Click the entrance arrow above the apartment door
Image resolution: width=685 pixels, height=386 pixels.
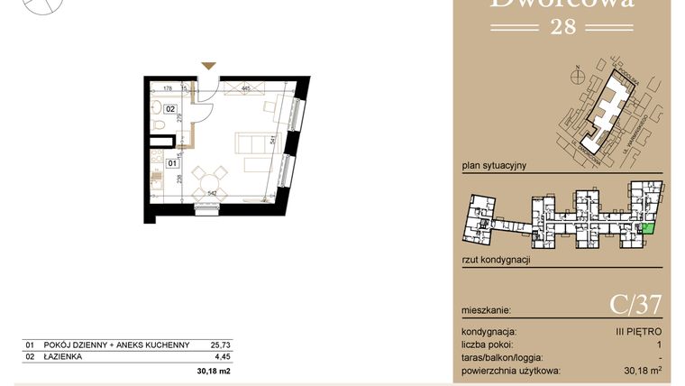pos(209,66)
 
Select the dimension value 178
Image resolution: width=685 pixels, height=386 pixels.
pos(167,88)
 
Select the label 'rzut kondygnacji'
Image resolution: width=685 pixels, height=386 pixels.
pos(495,260)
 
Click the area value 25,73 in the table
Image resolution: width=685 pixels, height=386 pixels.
pos(220,345)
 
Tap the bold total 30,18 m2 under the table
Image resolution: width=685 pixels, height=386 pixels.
pos(214,371)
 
